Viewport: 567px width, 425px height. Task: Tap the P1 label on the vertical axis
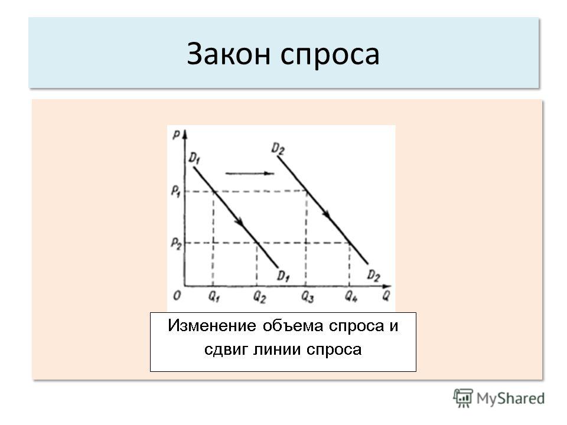(x=176, y=191)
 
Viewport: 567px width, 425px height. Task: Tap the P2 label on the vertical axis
(x=176, y=243)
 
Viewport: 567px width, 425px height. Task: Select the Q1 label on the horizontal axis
(x=214, y=297)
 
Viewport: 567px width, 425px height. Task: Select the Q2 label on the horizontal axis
(x=259, y=297)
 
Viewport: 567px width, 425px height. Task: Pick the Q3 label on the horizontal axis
(x=307, y=297)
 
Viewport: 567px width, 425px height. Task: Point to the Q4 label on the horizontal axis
(x=351, y=297)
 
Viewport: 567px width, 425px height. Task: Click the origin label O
(x=177, y=296)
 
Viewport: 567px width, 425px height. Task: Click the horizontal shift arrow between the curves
(x=249, y=174)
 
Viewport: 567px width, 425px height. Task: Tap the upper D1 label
(x=194, y=158)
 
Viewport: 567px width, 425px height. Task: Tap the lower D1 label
(x=283, y=276)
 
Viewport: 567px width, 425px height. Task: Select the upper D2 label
(x=278, y=149)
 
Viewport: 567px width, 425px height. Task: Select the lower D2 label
(x=373, y=276)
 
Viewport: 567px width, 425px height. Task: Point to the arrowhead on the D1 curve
(x=239, y=222)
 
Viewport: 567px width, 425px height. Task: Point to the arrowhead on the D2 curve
(x=326, y=213)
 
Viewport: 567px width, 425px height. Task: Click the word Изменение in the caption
(x=212, y=326)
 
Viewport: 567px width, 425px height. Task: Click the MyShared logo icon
(x=463, y=398)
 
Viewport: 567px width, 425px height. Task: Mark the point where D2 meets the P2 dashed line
(x=350, y=243)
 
